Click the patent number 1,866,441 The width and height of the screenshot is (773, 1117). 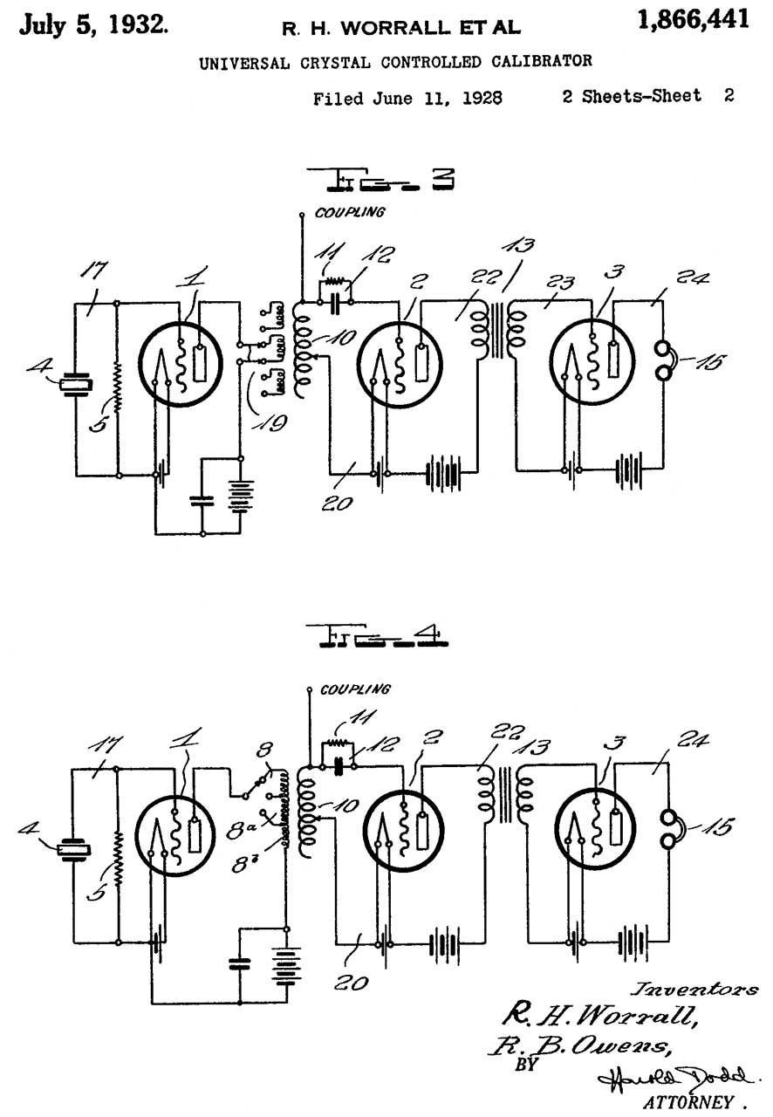pos(693,20)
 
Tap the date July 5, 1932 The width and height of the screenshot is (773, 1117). pos(93,24)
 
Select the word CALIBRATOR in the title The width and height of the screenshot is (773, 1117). pos(542,61)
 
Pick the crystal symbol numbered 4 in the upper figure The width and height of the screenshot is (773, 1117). pos(76,385)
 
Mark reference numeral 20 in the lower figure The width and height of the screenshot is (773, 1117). pos(352,983)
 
